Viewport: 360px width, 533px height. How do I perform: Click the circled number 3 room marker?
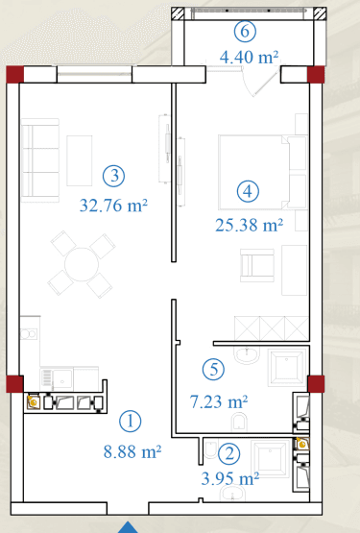tap(114, 176)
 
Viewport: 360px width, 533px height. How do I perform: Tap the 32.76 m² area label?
tap(113, 206)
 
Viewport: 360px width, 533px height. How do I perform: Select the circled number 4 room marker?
tap(248, 191)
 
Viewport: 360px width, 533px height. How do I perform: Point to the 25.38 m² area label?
tap(250, 225)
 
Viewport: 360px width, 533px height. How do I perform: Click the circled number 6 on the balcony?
tap(245, 32)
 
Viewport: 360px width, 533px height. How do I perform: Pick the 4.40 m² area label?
tap(250, 57)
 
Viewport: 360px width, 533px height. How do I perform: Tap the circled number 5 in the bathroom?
tap(213, 370)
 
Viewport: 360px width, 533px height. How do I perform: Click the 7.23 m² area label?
tap(219, 401)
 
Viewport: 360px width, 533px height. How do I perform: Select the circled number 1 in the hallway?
tap(131, 422)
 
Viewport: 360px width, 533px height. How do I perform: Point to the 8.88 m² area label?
tap(132, 452)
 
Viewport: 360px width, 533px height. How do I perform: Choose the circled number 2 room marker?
tap(228, 454)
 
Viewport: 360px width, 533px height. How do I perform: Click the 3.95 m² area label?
tap(230, 479)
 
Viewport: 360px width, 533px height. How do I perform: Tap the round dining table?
tap(82, 264)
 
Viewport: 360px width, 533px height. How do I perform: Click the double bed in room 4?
tap(262, 172)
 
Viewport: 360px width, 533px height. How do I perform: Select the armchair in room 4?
tap(257, 265)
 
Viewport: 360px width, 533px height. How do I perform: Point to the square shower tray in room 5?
tap(286, 368)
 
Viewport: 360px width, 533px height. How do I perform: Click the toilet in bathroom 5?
tap(240, 423)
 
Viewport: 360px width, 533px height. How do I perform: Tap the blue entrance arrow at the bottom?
tap(128, 527)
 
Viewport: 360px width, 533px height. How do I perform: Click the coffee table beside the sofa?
tap(80, 160)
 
